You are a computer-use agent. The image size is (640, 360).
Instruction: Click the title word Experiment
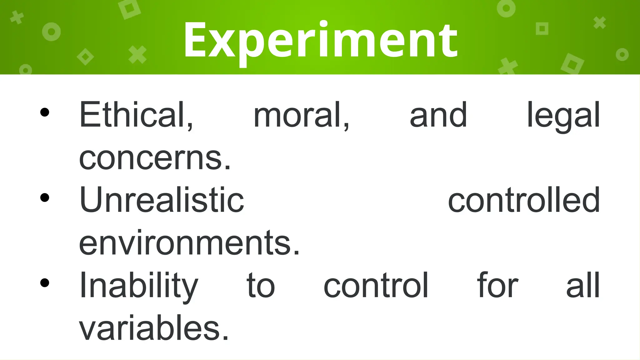[x=321, y=41]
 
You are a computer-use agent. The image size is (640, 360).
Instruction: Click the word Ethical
[x=136, y=115]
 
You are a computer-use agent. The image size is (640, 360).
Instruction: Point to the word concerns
[x=155, y=159]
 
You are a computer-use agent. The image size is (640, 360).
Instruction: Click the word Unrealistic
[x=162, y=200]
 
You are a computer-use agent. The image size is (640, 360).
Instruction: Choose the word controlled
[x=524, y=200]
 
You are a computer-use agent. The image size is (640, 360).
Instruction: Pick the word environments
[x=189, y=243]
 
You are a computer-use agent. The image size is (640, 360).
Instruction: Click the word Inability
[x=139, y=286]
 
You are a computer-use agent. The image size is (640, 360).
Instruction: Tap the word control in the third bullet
[x=376, y=286]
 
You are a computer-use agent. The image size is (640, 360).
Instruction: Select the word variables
[x=154, y=328]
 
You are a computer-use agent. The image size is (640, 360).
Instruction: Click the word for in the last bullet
[x=497, y=286]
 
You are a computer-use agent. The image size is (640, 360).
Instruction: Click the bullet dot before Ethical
[x=45, y=112]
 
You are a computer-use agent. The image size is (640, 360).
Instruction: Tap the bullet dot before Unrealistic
[x=45, y=197]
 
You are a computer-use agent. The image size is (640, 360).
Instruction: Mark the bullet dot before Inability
[x=45, y=283]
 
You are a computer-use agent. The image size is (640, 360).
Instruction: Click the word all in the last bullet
[x=583, y=286]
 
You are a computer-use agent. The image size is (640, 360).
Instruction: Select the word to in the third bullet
[x=261, y=286]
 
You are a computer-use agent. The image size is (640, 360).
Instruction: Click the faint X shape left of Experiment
[x=137, y=54]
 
